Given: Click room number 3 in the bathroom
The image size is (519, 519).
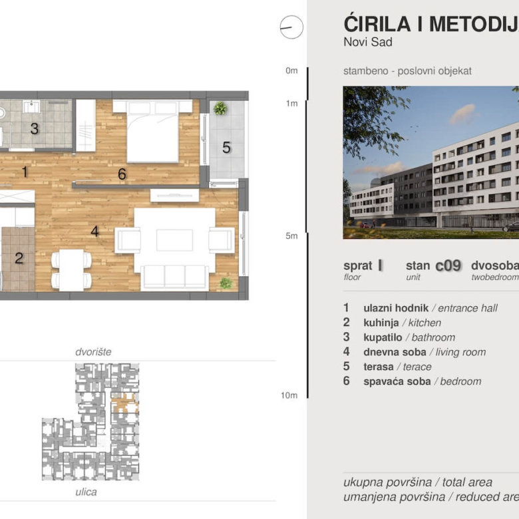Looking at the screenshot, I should coord(34,129).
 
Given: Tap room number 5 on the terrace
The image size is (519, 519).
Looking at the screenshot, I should coord(226,148).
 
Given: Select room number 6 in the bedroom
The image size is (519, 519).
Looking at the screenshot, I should coord(122,174).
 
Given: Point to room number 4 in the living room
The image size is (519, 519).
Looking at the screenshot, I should coord(95,232).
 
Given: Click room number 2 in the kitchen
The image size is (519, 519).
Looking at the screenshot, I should coord(19,258).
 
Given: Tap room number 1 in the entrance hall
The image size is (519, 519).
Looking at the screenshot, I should coord(25,172).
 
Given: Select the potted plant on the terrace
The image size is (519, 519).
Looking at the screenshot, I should coord(220,108).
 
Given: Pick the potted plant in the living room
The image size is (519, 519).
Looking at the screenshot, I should coord(226,283).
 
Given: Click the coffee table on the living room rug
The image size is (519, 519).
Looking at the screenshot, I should coord(174,240).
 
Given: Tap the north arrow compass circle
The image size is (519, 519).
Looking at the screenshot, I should coord(291,27).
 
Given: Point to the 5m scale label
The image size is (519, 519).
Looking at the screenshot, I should coord(291,236).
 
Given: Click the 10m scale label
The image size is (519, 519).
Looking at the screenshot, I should coord(289,395).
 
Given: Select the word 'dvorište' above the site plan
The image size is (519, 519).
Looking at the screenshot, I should coord(93,351).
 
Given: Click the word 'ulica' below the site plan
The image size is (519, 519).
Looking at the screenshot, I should coord(86,492).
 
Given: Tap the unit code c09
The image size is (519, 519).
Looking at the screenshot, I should coord(448,265).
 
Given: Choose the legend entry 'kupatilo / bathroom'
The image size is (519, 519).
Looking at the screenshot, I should coord(409,337).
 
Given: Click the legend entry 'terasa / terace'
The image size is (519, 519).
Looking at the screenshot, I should coord(397,367).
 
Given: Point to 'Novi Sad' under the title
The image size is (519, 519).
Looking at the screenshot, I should coord(368,43).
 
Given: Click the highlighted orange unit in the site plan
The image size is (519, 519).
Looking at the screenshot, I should coord(124,403).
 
